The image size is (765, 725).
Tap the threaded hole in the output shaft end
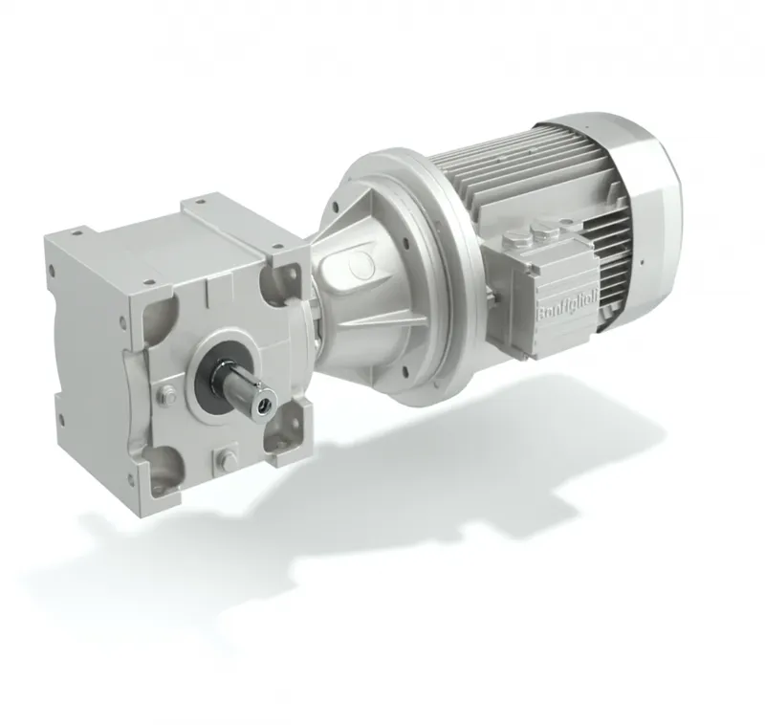pyautogui.click(x=267, y=403)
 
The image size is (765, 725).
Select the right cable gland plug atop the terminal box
pyautogui.click(x=542, y=231)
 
